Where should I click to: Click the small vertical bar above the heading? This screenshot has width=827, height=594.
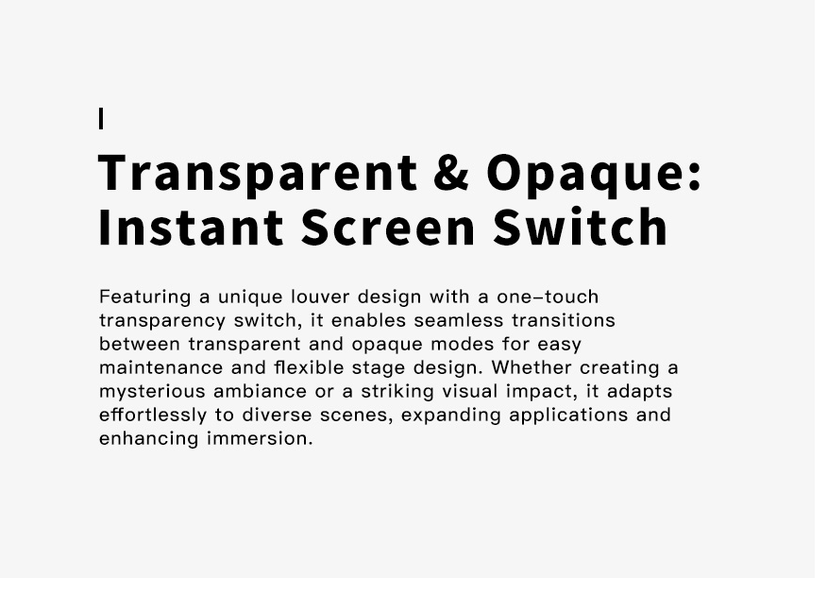[101, 118]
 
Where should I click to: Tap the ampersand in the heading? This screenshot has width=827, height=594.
[451, 173]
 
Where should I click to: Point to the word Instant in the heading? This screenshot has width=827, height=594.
[192, 228]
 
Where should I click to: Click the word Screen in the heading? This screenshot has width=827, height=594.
[388, 228]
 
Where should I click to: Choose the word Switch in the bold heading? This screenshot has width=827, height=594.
[581, 227]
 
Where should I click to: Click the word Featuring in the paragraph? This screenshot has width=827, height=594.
[145, 297]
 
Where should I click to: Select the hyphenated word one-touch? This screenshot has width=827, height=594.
[548, 297]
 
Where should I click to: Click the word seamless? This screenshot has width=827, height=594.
[459, 321]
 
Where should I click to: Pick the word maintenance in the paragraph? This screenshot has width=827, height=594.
[160, 367]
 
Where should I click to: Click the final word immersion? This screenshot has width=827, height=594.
[260, 439]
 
